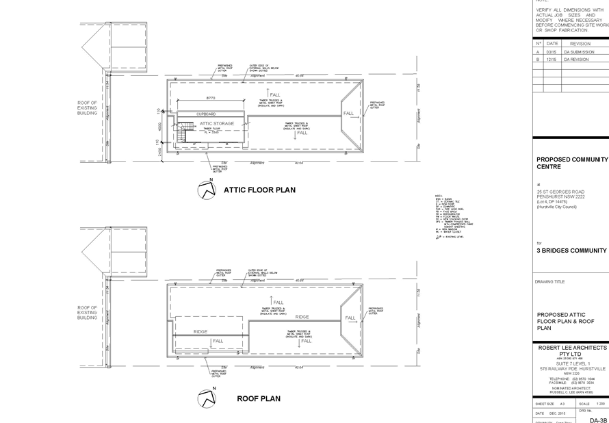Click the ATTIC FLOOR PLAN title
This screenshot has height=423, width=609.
point(259,190)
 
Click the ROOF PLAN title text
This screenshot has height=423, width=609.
point(259,398)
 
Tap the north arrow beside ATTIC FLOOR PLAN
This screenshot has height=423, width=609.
point(206,190)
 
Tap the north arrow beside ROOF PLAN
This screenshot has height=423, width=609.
point(206,397)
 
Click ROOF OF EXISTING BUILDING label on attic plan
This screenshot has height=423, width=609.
point(88,108)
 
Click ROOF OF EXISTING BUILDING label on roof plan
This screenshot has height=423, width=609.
point(88,312)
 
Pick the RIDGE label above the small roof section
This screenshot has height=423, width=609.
point(200,332)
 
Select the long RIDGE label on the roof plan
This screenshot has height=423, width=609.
point(302,317)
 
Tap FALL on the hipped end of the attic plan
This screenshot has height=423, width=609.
point(348,113)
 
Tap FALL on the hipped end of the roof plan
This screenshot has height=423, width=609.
point(350,319)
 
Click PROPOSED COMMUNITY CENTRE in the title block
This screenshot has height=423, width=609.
point(571,163)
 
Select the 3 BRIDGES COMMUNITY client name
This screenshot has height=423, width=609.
point(571,251)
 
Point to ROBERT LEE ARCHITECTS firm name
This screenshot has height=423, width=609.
point(571,348)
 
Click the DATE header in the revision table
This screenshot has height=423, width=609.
point(553,44)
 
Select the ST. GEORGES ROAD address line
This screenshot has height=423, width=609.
point(561,192)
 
